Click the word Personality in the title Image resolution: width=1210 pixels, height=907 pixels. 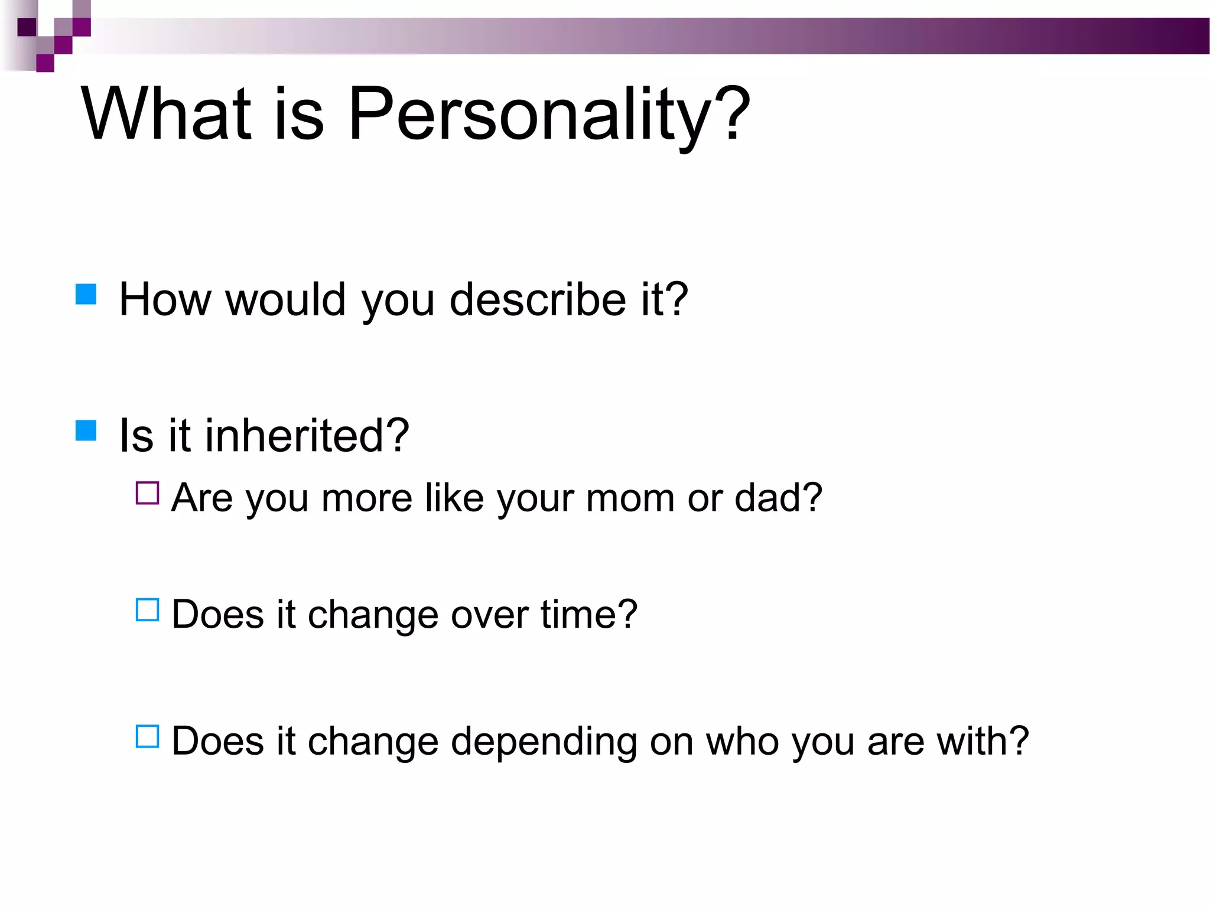[529, 113]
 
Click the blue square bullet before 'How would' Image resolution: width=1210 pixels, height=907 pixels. [86, 294]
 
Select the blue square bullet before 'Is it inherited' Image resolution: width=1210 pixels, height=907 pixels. [86, 430]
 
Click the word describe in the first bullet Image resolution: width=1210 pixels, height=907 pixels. [538, 299]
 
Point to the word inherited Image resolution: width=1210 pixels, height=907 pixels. [307, 435]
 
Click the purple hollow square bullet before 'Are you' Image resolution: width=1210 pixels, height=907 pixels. [148, 493]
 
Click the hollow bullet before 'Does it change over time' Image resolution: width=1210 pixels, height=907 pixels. [148, 610]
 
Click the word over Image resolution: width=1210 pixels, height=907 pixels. [489, 615]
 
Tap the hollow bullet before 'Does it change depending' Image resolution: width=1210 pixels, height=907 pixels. [148, 736]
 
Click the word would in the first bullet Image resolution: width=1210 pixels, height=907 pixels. [285, 299]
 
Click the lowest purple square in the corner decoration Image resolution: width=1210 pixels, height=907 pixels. [45, 63]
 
